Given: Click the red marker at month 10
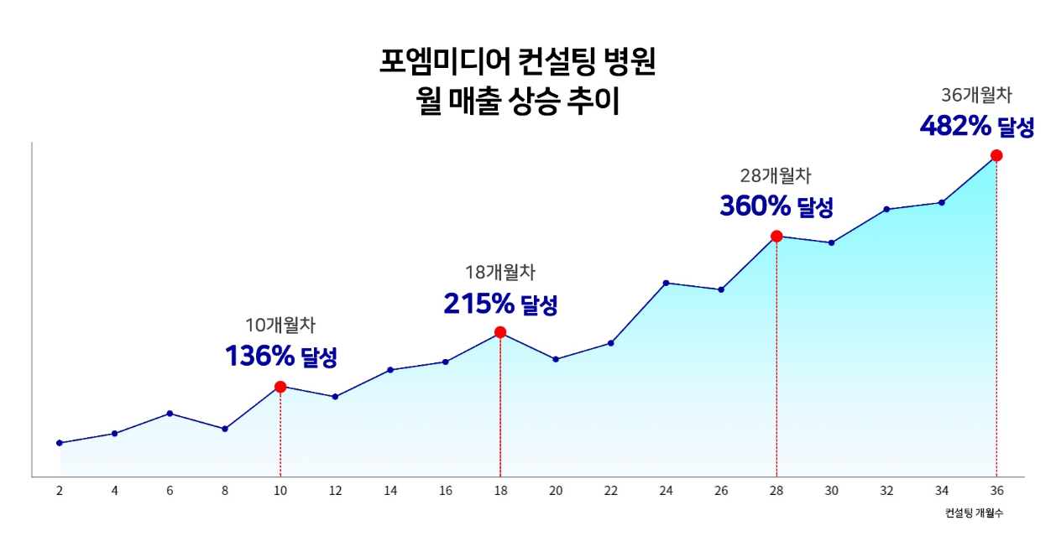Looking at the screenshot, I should [280, 387].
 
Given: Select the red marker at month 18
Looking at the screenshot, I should [500, 332].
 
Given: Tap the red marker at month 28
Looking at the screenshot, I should [776, 237].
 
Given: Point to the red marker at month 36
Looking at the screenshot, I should [996, 155].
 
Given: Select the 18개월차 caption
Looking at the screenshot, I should [500, 272].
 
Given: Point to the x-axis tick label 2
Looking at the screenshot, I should [60, 491].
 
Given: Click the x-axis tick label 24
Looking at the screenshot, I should [666, 491].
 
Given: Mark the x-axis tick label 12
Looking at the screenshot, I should [335, 491].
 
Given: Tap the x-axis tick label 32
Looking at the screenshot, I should [886, 491].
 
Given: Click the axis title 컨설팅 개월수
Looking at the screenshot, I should [973, 513].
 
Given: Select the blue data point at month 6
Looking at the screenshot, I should [170, 414].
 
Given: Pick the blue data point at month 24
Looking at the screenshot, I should [666, 283].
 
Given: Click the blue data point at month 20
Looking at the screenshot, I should [556, 359].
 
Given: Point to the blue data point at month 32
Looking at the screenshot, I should [886, 209].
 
